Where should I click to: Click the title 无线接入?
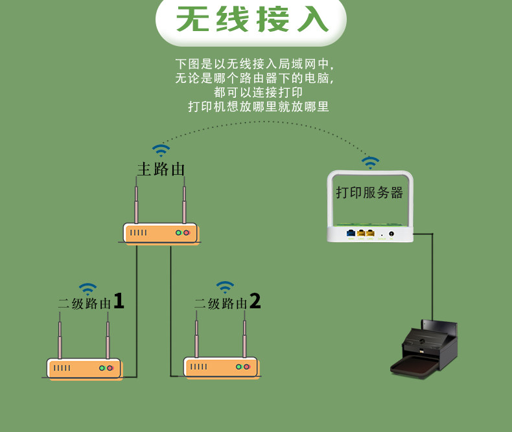pyautogui.click(x=252, y=20)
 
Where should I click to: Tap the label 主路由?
pyautogui.click(x=161, y=169)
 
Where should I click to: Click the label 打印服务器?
pyautogui.click(x=369, y=192)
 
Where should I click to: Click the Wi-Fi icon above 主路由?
pyautogui.click(x=161, y=151)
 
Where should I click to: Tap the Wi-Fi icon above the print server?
pyautogui.click(x=370, y=162)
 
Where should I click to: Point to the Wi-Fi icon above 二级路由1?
pyautogui.click(x=87, y=288)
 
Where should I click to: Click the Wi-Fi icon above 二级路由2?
pyautogui.click(x=225, y=286)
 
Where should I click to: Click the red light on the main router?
pyautogui.click(x=187, y=233)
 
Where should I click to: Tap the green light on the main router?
pyautogui.click(x=178, y=233)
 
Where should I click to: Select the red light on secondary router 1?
pyautogui.click(x=110, y=368)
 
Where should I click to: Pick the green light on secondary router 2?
pyautogui.click(x=239, y=367)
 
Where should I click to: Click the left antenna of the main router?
pyautogui.click(x=136, y=203)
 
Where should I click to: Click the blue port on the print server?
pyautogui.click(x=351, y=233)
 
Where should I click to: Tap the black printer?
pyautogui.click(x=425, y=350)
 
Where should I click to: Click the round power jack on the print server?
pyautogui.click(x=391, y=233)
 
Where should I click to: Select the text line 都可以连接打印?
pyautogui.click(x=258, y=93)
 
